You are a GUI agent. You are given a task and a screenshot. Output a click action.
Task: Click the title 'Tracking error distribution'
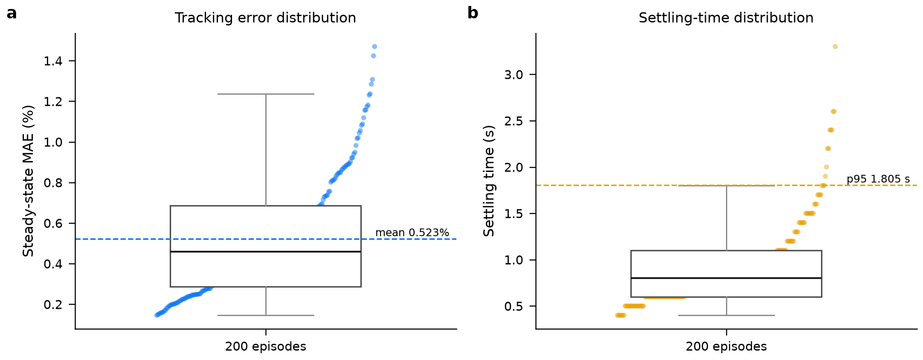coord(265,18)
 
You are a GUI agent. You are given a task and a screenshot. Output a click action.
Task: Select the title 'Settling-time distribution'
coord(726,18)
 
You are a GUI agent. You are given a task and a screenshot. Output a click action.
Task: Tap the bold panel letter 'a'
coord(12,13)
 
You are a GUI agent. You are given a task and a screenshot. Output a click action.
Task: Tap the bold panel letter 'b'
coord(473,13)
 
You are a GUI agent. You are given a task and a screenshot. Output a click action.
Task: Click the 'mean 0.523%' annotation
coord(412,232)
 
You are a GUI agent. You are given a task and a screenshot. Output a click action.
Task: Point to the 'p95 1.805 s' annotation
coord(878,179)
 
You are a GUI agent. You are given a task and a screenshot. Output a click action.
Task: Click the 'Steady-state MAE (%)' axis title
coord(28,181)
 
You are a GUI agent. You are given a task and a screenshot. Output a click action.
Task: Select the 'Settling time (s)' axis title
coord(489,181)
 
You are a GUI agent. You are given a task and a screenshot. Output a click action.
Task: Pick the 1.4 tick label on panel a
coord(53,61)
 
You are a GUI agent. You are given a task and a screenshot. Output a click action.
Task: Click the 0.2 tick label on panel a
coord(53,305)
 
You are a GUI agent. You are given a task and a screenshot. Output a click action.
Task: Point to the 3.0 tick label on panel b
coord(514,75)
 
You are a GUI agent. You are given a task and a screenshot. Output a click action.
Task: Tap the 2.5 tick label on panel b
coord(514,121)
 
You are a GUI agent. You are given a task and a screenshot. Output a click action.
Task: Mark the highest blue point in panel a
coord(374,46)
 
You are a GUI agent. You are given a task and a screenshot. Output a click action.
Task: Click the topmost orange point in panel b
coord(835,46)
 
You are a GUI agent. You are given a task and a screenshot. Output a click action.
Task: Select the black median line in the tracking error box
coord(266,252)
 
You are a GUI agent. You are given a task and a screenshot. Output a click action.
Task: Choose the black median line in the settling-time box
coord(726,278)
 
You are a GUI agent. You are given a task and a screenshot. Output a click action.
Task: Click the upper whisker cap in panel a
coord(266,94)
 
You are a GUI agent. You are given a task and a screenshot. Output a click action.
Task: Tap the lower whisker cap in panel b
coord(726,315)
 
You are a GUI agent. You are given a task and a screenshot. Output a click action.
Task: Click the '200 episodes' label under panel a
coord(266,346)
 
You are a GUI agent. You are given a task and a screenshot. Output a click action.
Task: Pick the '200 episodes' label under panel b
coord(726,346)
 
